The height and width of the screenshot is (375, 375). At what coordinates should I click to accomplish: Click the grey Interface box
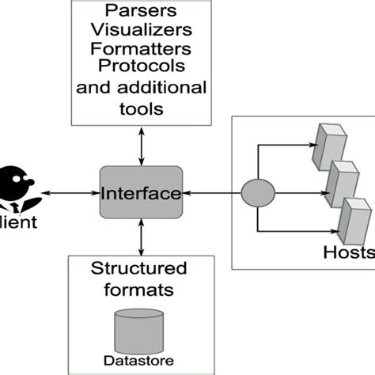141,193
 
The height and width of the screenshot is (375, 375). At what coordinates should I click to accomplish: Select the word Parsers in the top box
140,12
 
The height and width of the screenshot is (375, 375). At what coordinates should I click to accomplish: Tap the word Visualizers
140,31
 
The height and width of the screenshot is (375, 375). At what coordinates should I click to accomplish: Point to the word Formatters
140,49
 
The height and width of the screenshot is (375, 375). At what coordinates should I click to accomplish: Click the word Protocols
140,66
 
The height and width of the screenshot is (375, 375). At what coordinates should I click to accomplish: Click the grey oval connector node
257,192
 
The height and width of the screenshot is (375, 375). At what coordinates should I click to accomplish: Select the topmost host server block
327,146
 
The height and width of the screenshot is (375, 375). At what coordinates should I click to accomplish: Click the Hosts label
349,252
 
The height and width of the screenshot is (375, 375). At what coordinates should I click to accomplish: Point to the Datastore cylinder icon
138,333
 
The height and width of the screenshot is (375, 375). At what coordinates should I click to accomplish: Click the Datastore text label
138,362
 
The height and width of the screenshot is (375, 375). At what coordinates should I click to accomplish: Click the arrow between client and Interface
72,193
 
